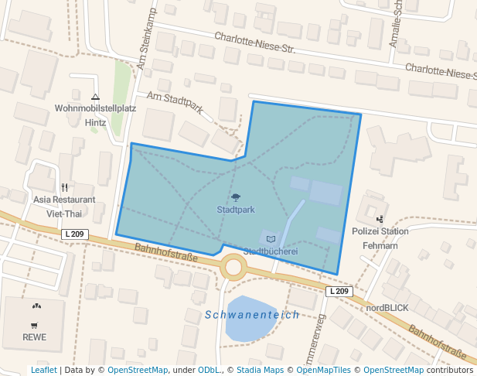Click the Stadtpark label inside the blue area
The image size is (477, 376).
236,210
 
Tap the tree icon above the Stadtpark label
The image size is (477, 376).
236,197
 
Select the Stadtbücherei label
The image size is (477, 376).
271,251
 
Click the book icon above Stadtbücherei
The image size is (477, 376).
271,239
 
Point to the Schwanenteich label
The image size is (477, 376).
251,315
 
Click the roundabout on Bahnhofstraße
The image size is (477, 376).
233,268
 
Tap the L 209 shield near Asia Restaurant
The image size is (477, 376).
76,234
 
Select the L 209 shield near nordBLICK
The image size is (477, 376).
339,291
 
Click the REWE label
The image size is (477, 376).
34,337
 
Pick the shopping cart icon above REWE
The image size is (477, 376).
34,326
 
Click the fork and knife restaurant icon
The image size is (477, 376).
64,187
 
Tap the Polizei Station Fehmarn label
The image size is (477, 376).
380,238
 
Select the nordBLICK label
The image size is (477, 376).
387,307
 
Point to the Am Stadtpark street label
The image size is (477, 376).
175,102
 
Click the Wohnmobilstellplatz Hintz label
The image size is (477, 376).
95,115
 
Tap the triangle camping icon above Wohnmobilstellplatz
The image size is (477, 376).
95,97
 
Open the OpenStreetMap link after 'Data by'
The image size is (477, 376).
137,370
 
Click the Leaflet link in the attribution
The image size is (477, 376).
43,370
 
